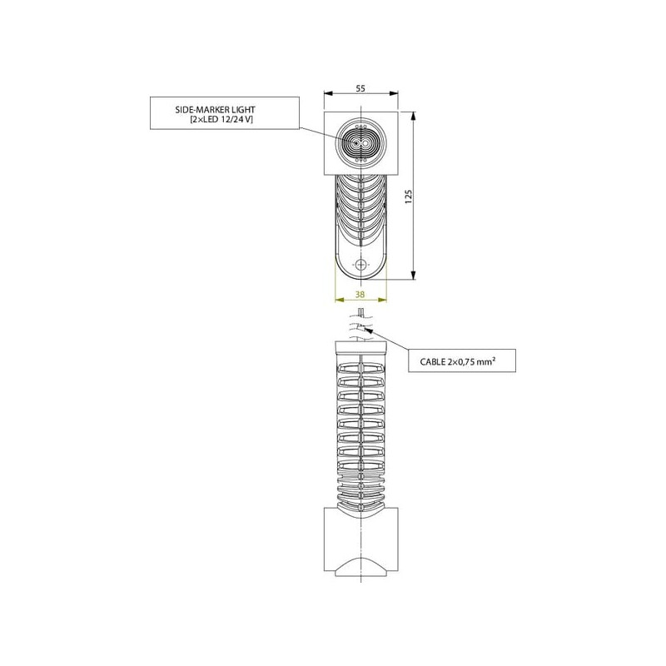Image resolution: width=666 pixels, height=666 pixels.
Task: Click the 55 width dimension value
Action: click(360, 88)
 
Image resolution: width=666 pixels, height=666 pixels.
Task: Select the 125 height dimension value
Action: click(409, 197)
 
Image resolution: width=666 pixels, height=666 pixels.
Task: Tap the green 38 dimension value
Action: click(360, 294)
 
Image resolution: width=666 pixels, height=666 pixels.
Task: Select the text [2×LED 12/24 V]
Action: click(221, 119)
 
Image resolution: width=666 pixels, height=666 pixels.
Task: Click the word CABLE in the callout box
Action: click(432, 362)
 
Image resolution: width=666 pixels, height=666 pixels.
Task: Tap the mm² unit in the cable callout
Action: click(488, 361)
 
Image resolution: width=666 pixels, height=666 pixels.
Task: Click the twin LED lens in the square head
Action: click(360, 143)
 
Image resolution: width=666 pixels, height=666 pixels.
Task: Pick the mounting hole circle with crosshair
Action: click(360, 265)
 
